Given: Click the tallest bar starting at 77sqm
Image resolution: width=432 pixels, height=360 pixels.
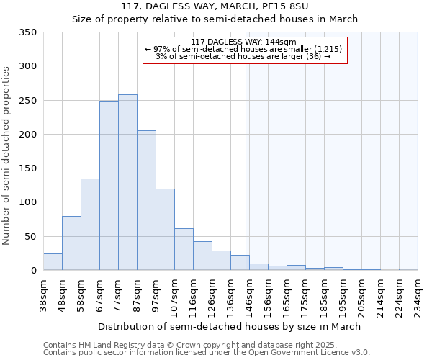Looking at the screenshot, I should [x=127, y=182].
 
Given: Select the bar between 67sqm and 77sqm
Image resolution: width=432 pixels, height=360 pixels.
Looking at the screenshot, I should [x=109, y=186].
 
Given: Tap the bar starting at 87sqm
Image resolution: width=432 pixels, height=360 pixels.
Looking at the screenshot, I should [x=146, y=200].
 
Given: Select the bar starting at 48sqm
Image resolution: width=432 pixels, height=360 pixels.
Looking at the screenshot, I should [x=71, y=243].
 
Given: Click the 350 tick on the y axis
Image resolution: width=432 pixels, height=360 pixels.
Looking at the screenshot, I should [x=28, y=32].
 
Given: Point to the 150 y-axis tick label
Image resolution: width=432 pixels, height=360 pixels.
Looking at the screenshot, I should [x=28, y=168].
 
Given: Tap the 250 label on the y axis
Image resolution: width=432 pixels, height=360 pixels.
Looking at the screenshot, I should [x=28, y=101].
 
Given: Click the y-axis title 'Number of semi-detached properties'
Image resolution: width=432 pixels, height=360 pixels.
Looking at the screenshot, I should [x=6, y=155].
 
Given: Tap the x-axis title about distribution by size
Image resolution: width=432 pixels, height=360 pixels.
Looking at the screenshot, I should [x=229, y=326].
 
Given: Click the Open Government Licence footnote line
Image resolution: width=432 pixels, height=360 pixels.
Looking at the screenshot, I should [x=206, y=352].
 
